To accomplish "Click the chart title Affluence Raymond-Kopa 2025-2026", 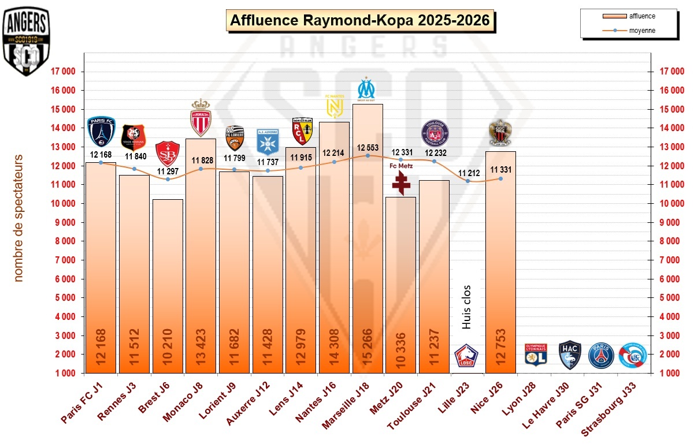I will click(359, 21).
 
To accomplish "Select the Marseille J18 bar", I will click(368, 242).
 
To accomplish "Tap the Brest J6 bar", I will click(168, 289).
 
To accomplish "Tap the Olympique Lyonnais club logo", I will click(535, 355).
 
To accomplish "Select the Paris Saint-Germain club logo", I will click(601, 356).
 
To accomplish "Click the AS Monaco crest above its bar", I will click(201, 118).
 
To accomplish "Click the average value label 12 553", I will click(368, 147).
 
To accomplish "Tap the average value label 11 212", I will click(468, 173).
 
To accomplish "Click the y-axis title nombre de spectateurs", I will click(18, 218).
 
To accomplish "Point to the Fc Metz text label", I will click(400, 166).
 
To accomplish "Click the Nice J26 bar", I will click(500, 266).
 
